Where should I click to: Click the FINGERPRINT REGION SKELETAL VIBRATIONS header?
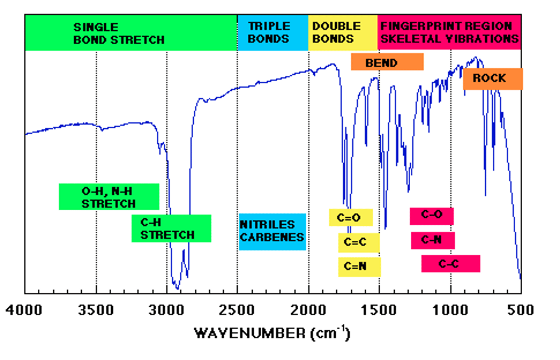coord(449,33)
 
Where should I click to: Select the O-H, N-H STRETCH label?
coord(109,197)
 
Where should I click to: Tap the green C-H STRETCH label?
coord(171,229)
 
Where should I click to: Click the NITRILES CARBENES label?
coord(272,231)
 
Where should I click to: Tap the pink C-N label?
coord(432,240)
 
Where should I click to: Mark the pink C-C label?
coord(450,264)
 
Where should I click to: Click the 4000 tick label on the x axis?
coord(24,310)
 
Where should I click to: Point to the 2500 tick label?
coord(237,310)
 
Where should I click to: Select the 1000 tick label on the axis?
coord(450,310)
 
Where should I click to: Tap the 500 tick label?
coord(520,310)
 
